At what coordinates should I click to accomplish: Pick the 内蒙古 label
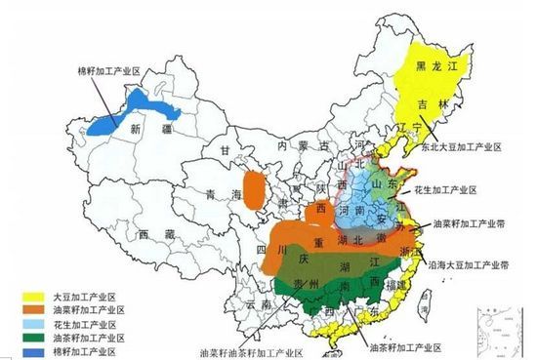[x=299, y=145]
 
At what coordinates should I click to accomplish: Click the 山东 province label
[x=381, y=183]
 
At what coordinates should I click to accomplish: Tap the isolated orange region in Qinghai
[x=253, y=189]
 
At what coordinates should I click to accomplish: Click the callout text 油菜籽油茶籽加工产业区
[x=255, y=348]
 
